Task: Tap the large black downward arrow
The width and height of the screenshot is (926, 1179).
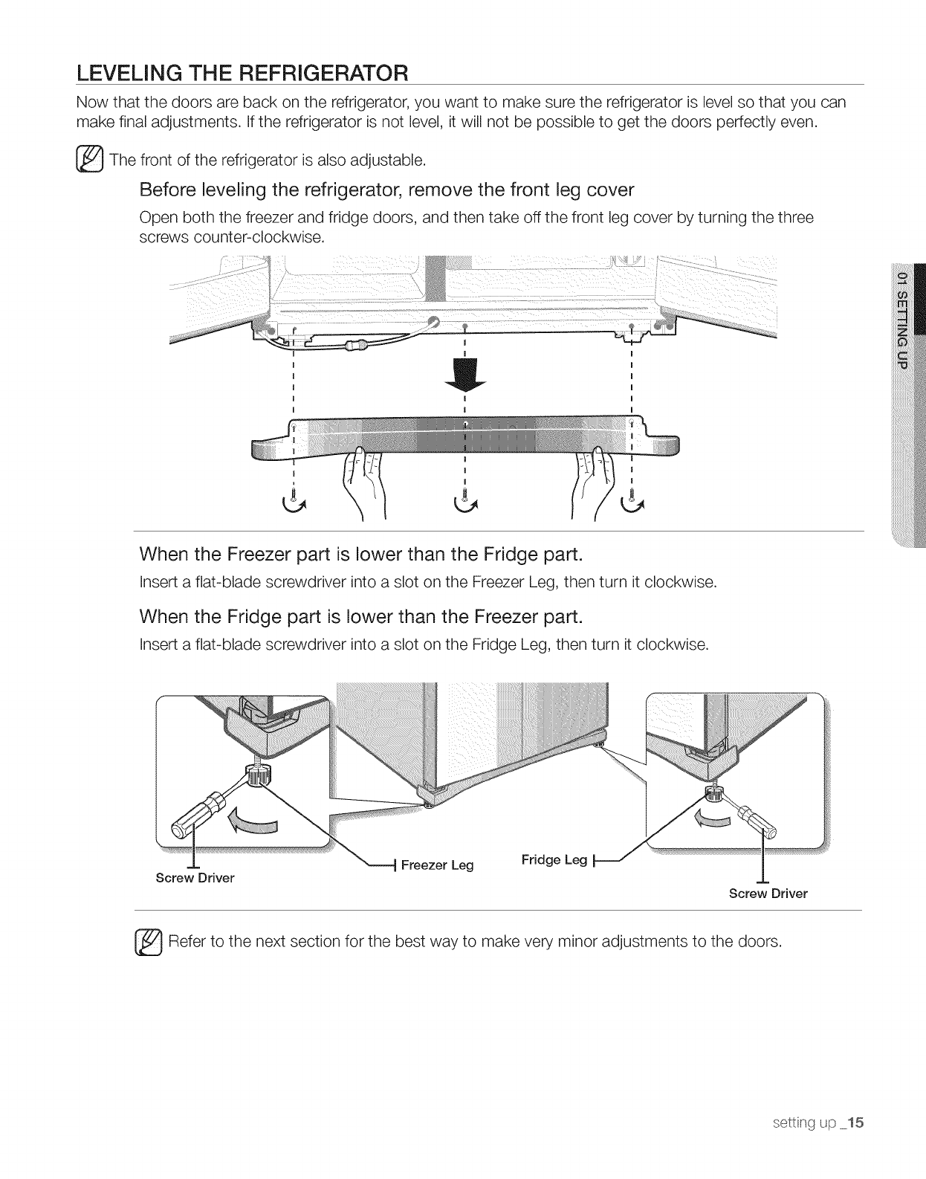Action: (x=464, y=376)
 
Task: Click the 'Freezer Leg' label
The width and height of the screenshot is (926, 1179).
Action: (x=436, y=865)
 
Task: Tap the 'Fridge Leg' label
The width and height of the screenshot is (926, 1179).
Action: (x=554, y=860)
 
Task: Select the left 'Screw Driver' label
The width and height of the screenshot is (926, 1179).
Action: (x=195, y=878)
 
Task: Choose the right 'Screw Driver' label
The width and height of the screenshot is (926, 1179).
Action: (x=768, y=894)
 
